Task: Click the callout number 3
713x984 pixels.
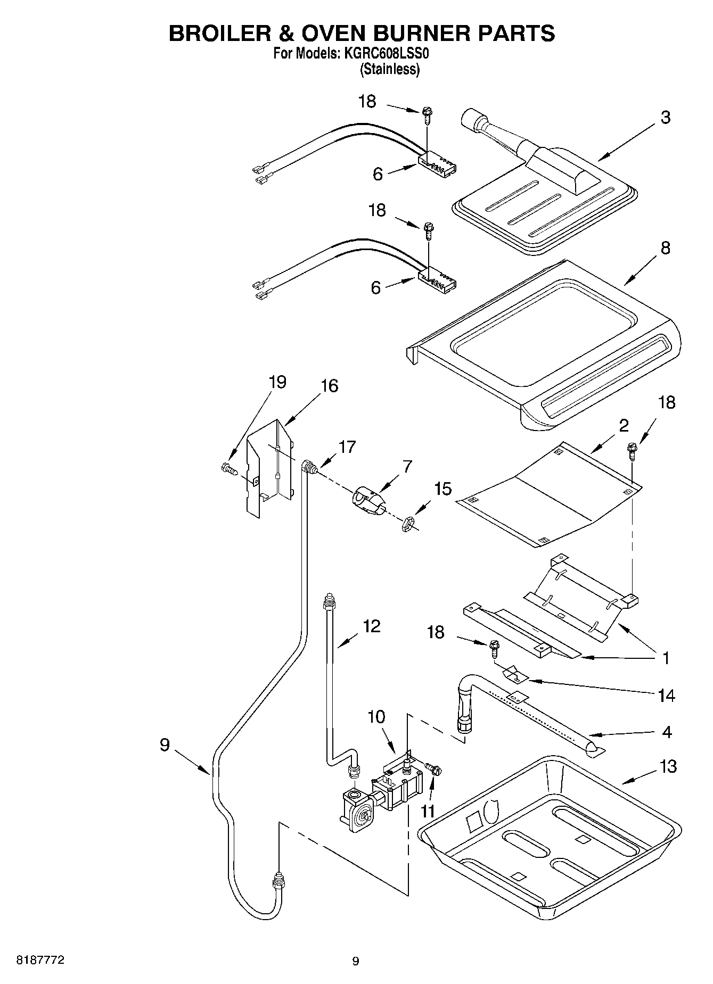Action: (x=665, y=118)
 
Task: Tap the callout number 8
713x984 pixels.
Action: (x=665, y=248)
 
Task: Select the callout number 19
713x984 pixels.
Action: (x=277, y=382)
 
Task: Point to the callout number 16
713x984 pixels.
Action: (x=329, y=386)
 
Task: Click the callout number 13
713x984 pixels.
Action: (x=667, y=766)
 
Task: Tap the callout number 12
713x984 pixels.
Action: (x=371, y=626)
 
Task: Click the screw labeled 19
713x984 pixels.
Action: (x=227, y=468)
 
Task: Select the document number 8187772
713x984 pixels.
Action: (x=41, y=960)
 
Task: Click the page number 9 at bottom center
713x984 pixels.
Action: (x=356, y=961)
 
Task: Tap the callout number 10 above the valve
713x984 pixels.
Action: (x=376, y=717)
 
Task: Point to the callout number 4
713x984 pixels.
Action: (x=667, y=732)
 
